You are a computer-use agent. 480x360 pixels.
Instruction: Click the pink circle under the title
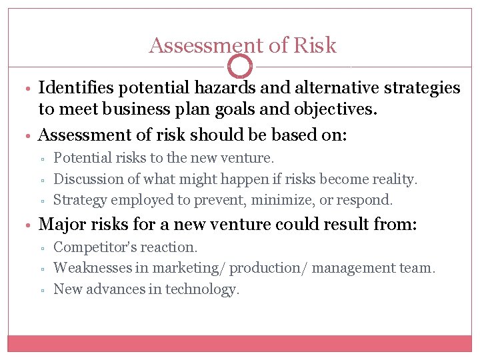[240, 66]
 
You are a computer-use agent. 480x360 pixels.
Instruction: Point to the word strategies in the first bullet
[421, 87]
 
